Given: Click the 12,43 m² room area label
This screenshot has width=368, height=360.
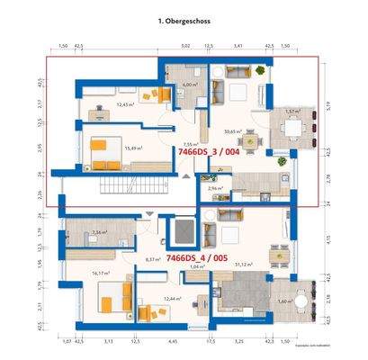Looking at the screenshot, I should (x=125, y=104).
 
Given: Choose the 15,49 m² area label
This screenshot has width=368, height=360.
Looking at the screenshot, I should (x=134, y=148).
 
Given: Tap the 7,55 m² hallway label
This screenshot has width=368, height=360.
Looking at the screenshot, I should (x=190, y=143).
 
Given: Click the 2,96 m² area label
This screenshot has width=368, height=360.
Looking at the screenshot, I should (x=214, y=189).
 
